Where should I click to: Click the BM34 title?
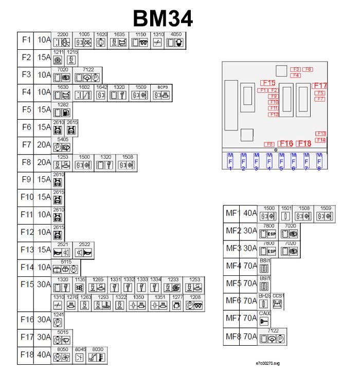[163, 18]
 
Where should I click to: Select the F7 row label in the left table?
[26, 145]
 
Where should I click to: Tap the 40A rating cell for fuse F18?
[44, 355]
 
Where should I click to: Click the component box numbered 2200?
[62, 40]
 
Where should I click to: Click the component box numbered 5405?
[62, 145]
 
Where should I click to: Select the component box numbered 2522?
[84, 250]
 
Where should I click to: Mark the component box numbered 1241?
[58, 320]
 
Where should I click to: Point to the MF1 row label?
[233, 213]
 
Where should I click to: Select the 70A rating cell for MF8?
[249, 336]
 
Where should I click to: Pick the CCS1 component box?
[278, 302]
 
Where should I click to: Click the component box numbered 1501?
[286, 213]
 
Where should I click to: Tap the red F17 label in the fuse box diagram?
[319, 85]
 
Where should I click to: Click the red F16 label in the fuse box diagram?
[285, 144]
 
